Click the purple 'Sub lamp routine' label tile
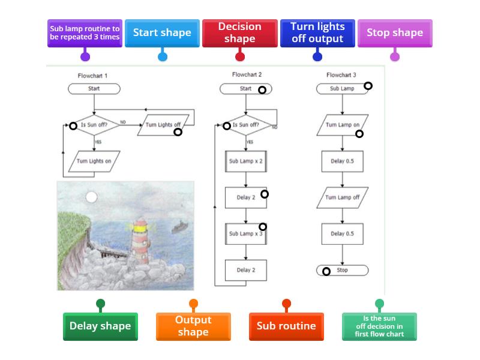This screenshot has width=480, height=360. point(85,33)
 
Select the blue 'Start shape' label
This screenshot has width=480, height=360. point(162,33)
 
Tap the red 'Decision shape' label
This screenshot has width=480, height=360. point(239,33)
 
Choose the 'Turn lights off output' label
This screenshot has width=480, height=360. point(317,33)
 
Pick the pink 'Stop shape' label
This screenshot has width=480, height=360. point(394,33)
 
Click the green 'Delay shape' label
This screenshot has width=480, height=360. point(100,326)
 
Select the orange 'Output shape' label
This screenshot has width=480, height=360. point(193,326)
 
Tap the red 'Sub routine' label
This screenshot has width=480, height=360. point(286,326)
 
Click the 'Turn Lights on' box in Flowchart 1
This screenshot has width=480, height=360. point(94,161)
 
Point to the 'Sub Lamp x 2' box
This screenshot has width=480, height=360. point(246,161)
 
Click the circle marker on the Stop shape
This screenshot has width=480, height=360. point(326,271)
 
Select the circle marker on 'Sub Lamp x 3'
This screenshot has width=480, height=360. point(263,227)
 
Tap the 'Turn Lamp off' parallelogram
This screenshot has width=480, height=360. point(343,197)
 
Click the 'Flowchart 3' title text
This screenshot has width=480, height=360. point(341,75)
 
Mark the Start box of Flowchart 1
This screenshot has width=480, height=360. point(94,89)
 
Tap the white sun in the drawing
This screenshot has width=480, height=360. point(91,197)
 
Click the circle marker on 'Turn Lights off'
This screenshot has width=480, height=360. point(178,132)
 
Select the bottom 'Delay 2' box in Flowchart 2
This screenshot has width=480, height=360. point(246,270)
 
